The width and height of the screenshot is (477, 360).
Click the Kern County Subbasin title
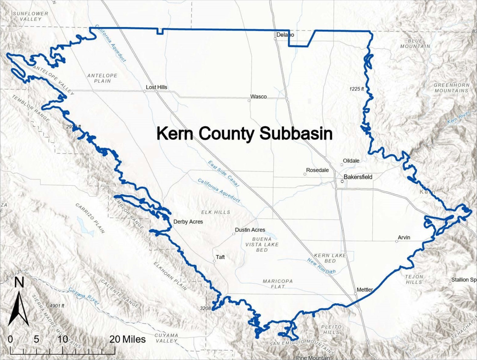(x=244, y=133)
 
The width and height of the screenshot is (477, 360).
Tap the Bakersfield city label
(x=358, y=177)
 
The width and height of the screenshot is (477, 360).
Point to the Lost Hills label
(x=156, y=87)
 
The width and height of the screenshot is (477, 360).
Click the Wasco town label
(x=258, y=96)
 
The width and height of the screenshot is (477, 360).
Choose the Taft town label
(x=220, y=258)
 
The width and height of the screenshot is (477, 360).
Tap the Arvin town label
(x=404, y=238)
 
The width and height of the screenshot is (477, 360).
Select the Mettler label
(x=365, y=290)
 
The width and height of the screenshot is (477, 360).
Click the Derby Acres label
(x=188, y=222)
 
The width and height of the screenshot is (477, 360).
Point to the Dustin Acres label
(x=250, y=230)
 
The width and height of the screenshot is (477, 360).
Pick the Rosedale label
(x=317, y=170)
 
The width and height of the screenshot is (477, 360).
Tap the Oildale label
(x=351, y=161)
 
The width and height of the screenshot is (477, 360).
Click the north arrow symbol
(x=18, y=305)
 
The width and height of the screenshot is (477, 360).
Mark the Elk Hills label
(x=216, y=212)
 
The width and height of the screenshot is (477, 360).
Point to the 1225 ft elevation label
(x=356, y=89)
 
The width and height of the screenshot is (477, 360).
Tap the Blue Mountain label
(x=415, y=43)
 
